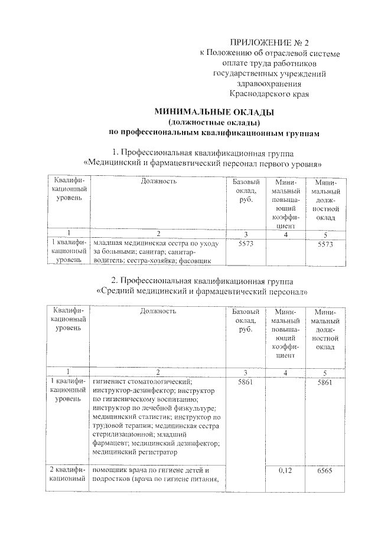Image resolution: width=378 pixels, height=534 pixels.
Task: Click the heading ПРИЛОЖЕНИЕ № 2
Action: (x=269, y=42)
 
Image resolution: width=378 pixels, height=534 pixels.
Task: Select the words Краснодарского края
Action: (x=269, y=94)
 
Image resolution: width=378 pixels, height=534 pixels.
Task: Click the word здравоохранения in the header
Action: (x=269, y=83)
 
